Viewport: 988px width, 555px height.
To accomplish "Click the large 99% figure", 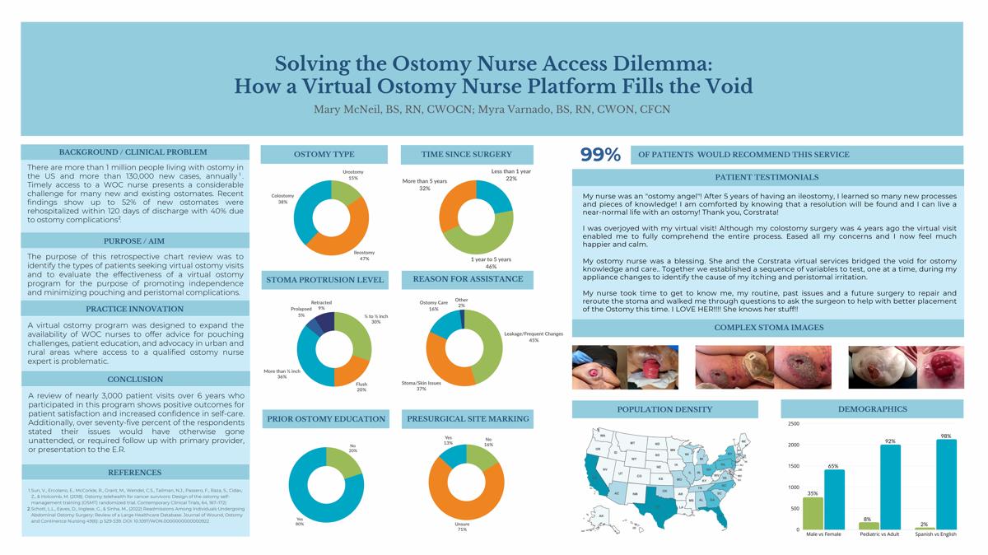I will tap(600, 154).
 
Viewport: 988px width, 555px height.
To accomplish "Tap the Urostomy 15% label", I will tap(353, 175).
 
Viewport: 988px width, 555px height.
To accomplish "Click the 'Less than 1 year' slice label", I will tap(511, 175).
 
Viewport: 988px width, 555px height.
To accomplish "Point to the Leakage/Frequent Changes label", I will tap(534, 337).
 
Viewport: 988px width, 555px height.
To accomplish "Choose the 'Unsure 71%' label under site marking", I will tap(462, 526).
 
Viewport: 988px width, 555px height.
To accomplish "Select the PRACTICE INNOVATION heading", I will tap(134, 309).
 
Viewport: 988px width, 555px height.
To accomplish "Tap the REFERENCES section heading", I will tap(134, 473).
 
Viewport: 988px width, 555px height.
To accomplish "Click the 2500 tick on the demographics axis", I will tap(794, 424).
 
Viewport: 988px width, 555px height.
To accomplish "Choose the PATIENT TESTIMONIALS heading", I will tap(767, 177).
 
